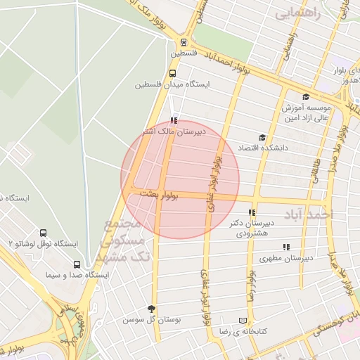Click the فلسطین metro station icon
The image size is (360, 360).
click(x=184, y=41)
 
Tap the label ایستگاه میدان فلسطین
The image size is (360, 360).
click(x=173, y=84)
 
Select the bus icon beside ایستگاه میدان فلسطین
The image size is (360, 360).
click(x=173, y=72)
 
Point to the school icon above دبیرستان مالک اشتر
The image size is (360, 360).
click(x=174, y=120)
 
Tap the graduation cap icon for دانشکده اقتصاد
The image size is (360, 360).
click(x=262, y=138)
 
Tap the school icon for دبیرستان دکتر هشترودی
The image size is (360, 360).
click(x=252, y=212)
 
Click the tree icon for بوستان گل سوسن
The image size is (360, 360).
click(x=151, y=309)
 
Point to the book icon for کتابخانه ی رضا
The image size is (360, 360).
click(x=243, y=320)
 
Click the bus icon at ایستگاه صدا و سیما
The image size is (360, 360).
click(x=77, y=264)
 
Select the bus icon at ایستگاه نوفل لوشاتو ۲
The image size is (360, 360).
click(x=44, y=233)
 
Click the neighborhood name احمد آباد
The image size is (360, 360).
click(x=308, y=214)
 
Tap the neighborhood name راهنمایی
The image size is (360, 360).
click(x=297, y=13)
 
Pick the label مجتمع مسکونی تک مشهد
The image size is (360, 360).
click(x=122, y=239)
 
